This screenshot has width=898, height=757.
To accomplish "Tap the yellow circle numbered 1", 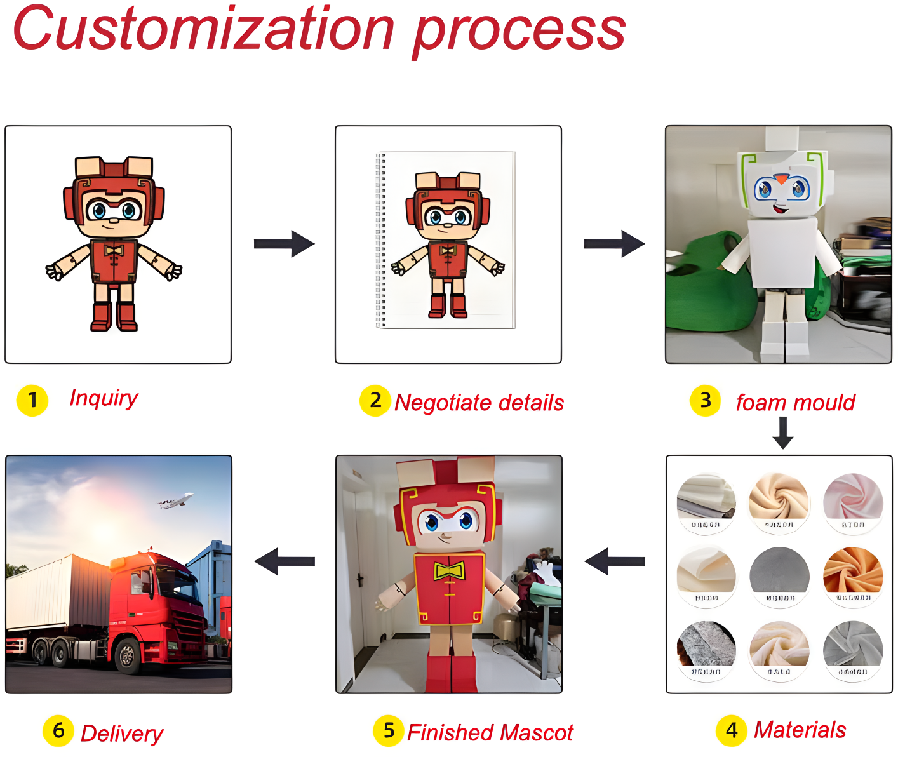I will tap(32, 401).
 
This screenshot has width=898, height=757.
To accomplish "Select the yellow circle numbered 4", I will tap(732, 730).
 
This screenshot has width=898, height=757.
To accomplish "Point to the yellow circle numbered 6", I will tap(58, 730).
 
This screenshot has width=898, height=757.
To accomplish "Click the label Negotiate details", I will tap(479, 403).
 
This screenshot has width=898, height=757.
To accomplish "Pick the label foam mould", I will tap(795, 403).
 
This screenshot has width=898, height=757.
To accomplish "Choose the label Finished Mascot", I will tap(490, 732).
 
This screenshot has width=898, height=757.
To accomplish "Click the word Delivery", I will tap(122, 734).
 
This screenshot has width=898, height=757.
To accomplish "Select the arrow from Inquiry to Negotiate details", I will tap(284, 244).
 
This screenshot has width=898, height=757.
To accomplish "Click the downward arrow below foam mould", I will tap(783, 432).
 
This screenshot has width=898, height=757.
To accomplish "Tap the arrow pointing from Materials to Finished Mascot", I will tap(615, 561).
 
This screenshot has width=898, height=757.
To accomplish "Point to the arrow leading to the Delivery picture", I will tap(285, 561).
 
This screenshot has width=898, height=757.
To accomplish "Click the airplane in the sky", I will tap(176, 502).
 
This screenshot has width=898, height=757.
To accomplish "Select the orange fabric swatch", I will tap(853, 570).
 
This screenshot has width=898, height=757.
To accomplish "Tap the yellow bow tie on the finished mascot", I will tap(449, 571).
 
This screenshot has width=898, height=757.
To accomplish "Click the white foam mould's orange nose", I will tap(782, 179).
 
